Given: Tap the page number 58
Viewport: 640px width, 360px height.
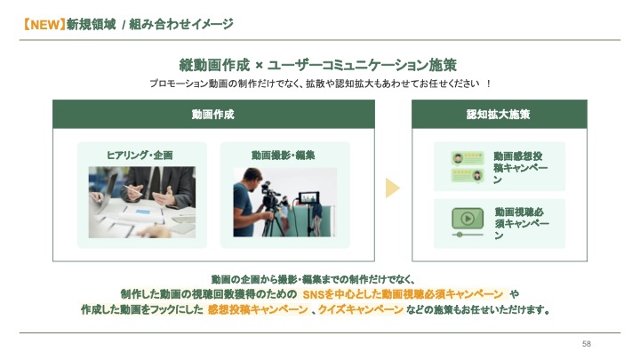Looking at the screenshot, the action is pyautogui.click(x=586, y=344).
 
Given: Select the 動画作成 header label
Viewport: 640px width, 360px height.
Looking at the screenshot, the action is pyautogui.click(x=213, y=115).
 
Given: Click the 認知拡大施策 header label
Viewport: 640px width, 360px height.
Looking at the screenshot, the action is pyautogui.click(x=499, y=115).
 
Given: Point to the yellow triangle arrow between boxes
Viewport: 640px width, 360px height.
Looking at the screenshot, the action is pyautogui.click(x=392, y=188).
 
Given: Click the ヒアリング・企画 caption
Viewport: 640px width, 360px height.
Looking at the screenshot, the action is pyautogui.click(x=140, y=155).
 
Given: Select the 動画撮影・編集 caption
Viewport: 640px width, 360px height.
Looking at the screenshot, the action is pyautogui.click(x=284, y=155).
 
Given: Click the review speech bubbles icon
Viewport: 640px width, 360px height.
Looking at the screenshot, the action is pyautogui.click(x=468, y=166).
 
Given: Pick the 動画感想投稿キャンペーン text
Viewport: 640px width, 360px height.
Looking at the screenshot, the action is pyautogui.click(x=520, y=168).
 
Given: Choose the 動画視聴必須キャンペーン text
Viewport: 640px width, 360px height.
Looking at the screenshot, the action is pyautogui.click(x=522, y=223).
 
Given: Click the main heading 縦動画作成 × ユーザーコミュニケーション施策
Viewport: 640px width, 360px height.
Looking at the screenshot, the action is pyautogui.click(x=317, y=65).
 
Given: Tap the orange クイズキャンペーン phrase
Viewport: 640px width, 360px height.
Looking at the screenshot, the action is pyautogui.click(x=361, y=310).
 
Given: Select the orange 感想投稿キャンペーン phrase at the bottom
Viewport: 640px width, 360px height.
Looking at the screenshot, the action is pyautogui.click(x=258, y=310).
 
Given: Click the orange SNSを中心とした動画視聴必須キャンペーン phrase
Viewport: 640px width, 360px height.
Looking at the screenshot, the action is pyautogui.click(x=403, y=294).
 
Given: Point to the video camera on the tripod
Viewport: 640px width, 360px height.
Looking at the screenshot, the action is pyautogui.click(x=270, y=194).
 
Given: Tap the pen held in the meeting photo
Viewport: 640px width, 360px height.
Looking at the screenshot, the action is pyautogui.click(x=132, y=190).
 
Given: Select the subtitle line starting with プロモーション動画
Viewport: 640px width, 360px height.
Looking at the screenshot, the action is pyautogui.click(x=320, y=84).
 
